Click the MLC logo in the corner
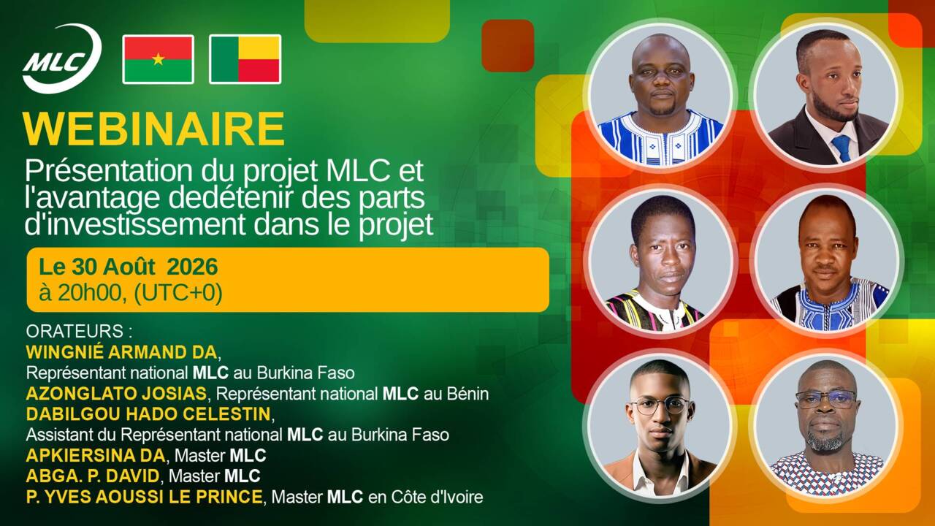pyautogui.click(x=62, y=58)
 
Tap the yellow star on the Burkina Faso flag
pyautogui.click(x=159, y=59)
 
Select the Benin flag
pyautogui.click(x=245, y=59)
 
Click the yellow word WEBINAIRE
pyautogui.click(x=154, y=129)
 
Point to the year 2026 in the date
pyautogui.click(x=192, y=267)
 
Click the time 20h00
pyautogui.click(x=89, y=293)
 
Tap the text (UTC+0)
pyautogui.click(x=178, y=293)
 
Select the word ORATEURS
pyautogui.click(x=75, y=331)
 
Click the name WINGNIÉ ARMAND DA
pyautogui.click(x=121, y=352)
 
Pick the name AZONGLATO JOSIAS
pyautogui.click(x=116, y=393)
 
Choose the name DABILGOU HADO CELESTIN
pyautogui.click(x=148, y=413)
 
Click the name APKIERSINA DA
pyautogui.click(x=96, y=455)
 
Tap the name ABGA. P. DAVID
pyautogui.click(x=93, y=476)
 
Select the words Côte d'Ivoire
pyautogui.click(x=437, y=497)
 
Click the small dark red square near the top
pyautogui.click(x=508, y=45)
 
